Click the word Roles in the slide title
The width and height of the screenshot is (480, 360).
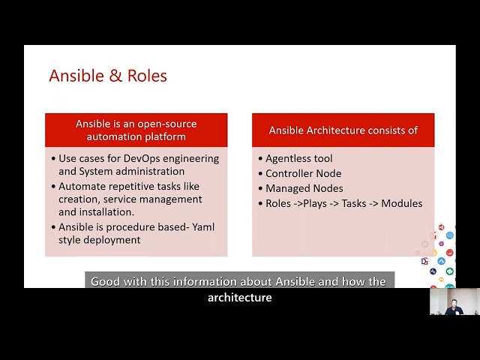[147, 76]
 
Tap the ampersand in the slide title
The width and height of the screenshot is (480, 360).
[115, 76]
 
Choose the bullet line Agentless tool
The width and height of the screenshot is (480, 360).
[298, 158]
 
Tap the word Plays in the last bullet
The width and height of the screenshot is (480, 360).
[315, 204]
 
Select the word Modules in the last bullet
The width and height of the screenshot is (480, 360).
[402, 203]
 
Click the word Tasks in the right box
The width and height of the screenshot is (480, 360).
[354, 203]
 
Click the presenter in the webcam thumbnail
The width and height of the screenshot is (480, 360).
[454, 307]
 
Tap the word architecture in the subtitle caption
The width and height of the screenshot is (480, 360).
[240, 298]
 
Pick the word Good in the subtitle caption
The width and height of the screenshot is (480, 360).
[105, 282]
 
